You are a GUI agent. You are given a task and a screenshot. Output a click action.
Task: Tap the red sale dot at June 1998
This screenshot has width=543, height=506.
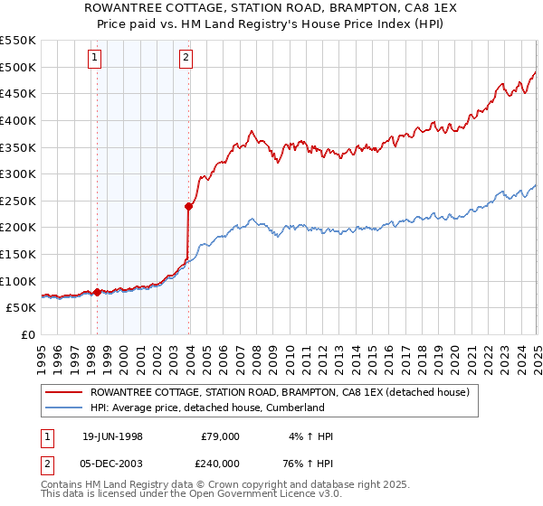point(97,292)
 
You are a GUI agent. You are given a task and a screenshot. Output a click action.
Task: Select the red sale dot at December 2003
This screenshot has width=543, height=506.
point(189,206)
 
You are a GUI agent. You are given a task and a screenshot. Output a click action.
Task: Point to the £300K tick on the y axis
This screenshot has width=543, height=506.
point(18,173)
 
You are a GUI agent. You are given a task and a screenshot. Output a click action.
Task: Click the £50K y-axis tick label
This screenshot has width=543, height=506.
point(22,308)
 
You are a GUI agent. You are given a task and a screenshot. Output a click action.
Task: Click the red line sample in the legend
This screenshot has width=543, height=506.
point(64,392)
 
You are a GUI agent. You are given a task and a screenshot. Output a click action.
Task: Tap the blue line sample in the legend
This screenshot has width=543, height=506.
point(64,408)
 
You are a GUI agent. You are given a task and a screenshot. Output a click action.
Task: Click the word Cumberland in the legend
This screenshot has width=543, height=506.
point(291,408)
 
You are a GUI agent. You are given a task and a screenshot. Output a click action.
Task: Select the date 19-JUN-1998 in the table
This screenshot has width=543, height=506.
point(113,436)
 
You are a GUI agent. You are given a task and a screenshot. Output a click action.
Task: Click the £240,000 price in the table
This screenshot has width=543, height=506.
point(221,464)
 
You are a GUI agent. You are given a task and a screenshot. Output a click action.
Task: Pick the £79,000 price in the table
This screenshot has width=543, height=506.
point(221,436)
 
